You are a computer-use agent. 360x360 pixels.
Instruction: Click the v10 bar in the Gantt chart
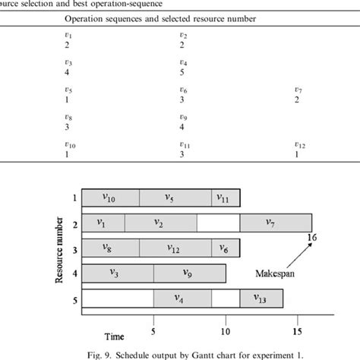tap(110, 198)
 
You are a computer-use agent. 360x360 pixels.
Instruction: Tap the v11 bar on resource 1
tap(226, 198)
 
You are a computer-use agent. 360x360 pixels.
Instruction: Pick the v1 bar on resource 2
tap(103, 223)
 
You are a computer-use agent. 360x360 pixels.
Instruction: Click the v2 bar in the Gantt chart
tap(159, 223)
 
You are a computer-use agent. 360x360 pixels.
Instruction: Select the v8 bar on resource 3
tap(110, 248)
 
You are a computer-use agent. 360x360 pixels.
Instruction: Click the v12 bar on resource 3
tap(174, 248)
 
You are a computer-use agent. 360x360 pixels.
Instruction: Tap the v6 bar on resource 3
tap(226, 248)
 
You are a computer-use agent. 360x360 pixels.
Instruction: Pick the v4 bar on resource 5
tap(182, 298)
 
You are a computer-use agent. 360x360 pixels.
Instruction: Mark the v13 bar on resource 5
tap(261, 298)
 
